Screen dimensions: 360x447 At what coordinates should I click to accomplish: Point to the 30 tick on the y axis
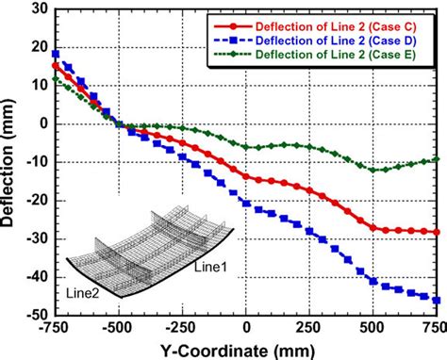[x=40, y=8]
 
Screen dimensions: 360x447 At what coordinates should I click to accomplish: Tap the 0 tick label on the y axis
[x=43, y=123]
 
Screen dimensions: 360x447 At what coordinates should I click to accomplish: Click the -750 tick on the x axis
[x=55, y=329]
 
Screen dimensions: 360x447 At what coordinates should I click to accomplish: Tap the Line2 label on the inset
[x=84, y=293]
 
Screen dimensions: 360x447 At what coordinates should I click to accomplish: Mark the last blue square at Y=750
[x=437, y=300]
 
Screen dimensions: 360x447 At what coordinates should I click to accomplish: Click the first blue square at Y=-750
[x=56, y=54]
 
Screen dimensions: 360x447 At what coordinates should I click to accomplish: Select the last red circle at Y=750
[x=437, y=232]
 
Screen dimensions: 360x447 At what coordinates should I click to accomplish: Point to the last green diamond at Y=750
[x=437, y=159]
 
